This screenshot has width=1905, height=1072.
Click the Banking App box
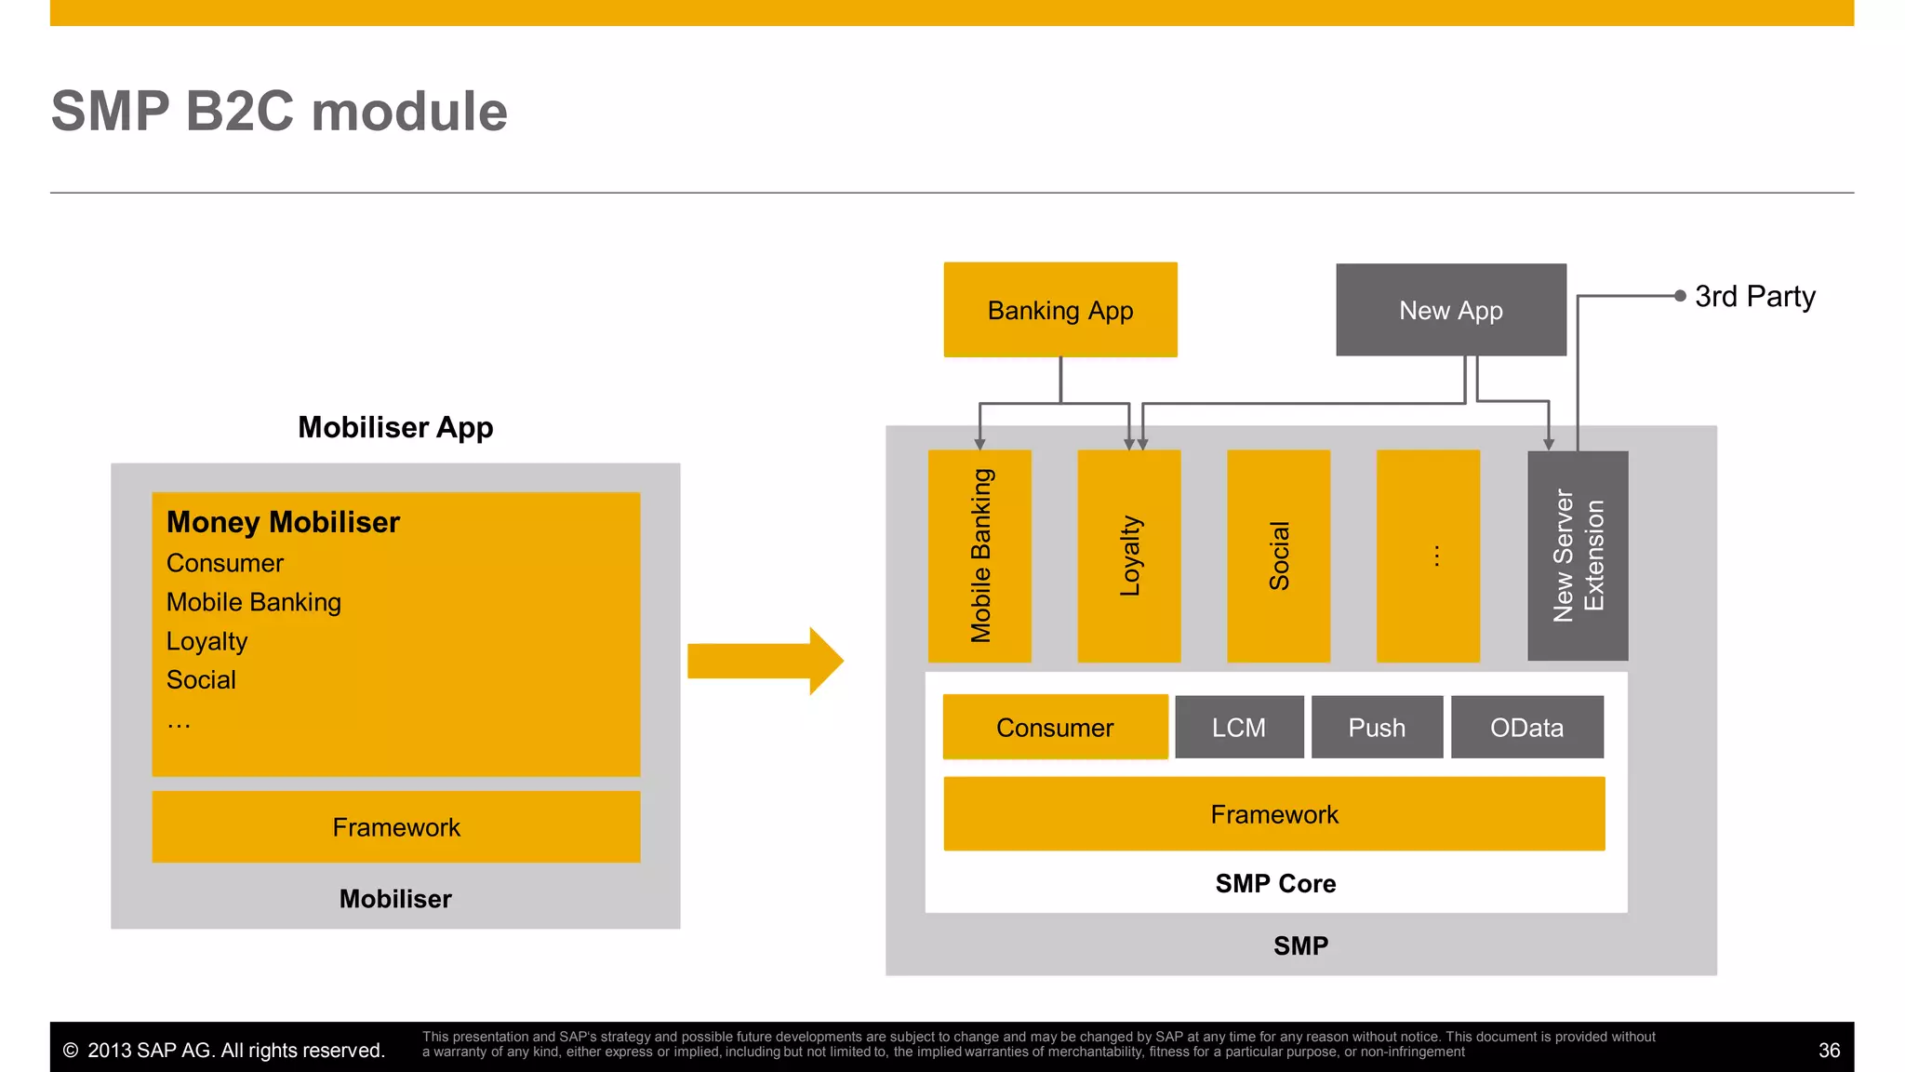1059,310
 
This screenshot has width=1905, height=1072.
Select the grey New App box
1450,310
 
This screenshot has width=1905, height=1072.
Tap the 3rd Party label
1754,296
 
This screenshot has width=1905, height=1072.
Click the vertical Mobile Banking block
979,556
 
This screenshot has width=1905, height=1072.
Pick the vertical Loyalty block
1128,556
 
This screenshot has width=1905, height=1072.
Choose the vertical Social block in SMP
1278,556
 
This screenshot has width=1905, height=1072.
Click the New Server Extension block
1578,556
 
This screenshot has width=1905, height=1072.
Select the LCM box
1239,727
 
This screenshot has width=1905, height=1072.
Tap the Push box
1377,727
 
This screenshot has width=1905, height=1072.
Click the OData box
1526,727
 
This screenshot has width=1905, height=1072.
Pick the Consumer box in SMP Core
1055,727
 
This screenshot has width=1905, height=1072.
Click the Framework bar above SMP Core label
1273,814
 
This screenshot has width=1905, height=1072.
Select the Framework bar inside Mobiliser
396,827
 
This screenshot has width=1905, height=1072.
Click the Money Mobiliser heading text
283,522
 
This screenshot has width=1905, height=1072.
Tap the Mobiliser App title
395,427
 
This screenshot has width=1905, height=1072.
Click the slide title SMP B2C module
279,112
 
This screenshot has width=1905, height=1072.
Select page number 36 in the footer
1829,1051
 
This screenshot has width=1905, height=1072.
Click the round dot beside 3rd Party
1680,296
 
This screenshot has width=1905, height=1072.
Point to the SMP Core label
1275,883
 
